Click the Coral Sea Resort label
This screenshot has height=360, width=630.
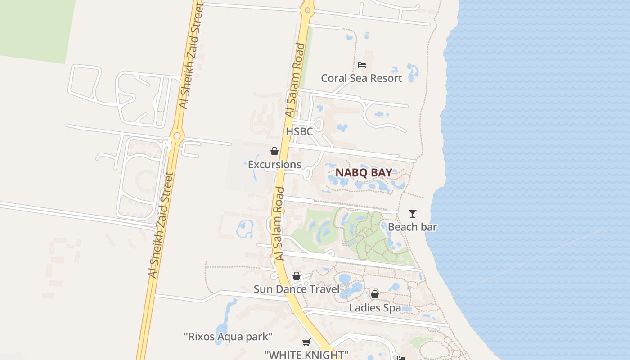click(x=361, y=78)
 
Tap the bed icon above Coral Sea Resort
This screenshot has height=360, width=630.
click(x=361, y=65)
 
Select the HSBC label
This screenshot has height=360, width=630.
click(x=299, y=132)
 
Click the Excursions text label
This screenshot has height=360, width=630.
click(x=274, y=165)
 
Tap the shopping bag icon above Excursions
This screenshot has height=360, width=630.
click(x=274, y=151)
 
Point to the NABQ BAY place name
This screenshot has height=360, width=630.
click(x=364, y=173)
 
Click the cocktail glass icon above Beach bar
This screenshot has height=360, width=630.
click(x=413, y=214)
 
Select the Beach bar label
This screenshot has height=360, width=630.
click(x=412, y=227)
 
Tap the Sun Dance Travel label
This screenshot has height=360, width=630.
click(x=297, y=289)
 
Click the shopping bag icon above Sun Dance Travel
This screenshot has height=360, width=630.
click(x=297, y=276)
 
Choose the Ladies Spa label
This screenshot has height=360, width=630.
click(x=375, y=308)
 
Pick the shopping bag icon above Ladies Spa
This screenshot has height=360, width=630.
click(x=375, y=295)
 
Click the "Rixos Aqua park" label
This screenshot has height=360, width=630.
click(x=228, y=336)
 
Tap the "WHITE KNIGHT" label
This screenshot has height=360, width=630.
click(x=306, y=355)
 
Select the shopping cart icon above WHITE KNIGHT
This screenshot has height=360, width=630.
click(x=306, y=342)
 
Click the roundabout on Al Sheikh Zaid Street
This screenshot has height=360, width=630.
click(x=177, y=135)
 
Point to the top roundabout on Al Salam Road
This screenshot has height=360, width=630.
click(x=307, y=9)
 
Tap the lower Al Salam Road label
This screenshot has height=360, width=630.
click(x=280, y=224)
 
